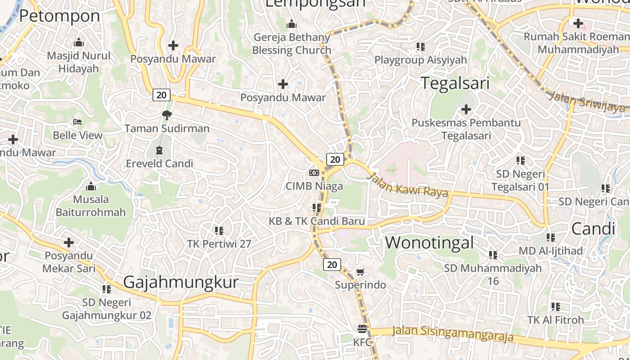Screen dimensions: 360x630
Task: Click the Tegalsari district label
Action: point(454,83)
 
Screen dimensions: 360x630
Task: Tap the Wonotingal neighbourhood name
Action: point(429,243)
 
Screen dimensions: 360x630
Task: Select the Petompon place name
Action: point(59,16)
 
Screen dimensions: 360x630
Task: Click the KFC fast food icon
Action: point(363,328)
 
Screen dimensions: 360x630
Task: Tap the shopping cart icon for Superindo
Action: point(360,272)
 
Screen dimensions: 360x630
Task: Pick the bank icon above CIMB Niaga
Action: point(314,173)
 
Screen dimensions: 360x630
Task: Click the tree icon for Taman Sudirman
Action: point(167,115)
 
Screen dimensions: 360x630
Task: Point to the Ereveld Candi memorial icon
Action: point(159,150)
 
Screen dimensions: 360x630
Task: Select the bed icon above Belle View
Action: point(77,122)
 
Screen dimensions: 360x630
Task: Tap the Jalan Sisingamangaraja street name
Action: point(452,333)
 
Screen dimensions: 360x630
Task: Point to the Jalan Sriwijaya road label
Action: point(587,102)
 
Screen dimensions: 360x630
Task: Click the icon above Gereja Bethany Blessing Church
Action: point(292,24)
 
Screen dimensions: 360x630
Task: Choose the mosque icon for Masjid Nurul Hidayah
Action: point(79,43)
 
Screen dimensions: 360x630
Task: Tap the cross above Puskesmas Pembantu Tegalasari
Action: point(466,109)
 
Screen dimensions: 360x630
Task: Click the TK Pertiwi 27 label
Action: point(219,244)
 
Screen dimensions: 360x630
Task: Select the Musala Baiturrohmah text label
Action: point(90,206)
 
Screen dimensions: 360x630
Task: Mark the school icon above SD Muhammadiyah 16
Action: point(493,255)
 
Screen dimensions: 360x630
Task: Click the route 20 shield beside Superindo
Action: point(332,265)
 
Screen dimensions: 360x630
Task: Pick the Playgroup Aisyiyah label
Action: point(421,60)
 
